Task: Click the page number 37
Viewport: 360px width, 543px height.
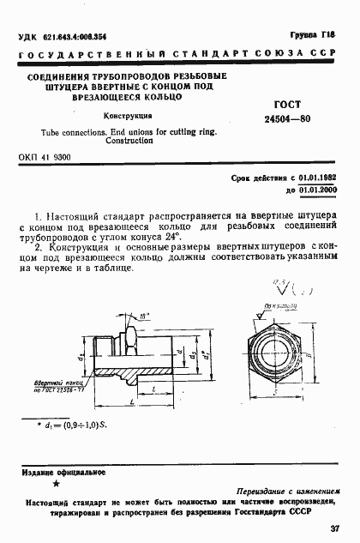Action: click(x=334, y=528)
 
